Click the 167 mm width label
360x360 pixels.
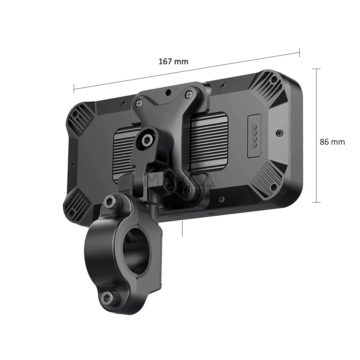click(173, 61)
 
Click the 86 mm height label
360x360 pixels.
click(332, 142)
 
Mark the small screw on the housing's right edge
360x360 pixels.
click(280, 132)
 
